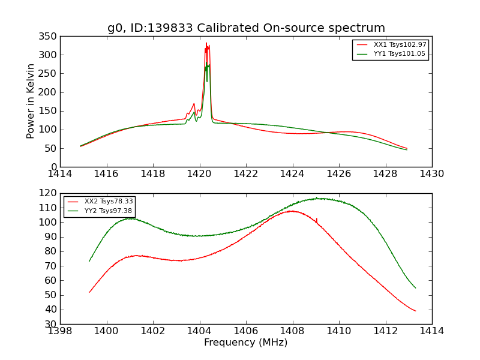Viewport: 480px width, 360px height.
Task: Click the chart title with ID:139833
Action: point(246,28)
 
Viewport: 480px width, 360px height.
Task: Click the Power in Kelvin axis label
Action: point(31,101)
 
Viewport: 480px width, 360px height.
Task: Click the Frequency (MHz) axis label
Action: point(245,343)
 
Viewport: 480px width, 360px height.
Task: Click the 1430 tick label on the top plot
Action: point(431,174)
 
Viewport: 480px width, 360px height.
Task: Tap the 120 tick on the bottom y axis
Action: point(49,193)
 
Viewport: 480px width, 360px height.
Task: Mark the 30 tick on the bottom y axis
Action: point(52,324)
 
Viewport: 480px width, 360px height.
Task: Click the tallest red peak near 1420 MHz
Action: point(206,43)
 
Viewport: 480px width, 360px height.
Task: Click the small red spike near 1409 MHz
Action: point(316,219)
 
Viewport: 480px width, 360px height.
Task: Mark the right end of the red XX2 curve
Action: point(415,311)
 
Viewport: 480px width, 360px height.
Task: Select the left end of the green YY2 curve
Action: point(89,261)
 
